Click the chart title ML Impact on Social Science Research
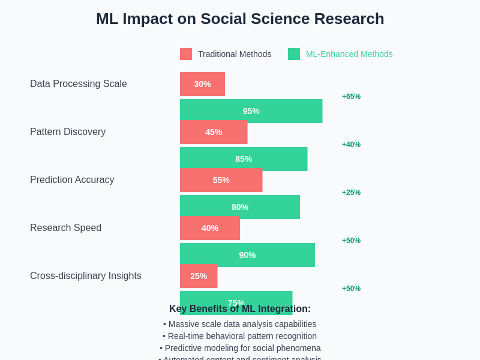(x=240, y=19)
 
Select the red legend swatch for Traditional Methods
(x=186, y=54)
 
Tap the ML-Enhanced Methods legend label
(x=349, y=54)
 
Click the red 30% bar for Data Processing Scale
(x=202, y=84)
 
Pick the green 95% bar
(x=251, y=111)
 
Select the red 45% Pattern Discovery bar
(x=214, y=132)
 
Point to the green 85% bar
(x=244, y=159)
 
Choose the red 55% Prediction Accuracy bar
(x=221, y=180)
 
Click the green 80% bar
(x=240, y=207)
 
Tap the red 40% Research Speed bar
(x=210, y=228)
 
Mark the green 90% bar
(x=247, y=255)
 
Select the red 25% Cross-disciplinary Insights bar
(x=199, y=276)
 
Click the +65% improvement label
(x=351, y=97)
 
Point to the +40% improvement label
(x=351, y=145)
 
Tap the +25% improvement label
(x=351, y=193)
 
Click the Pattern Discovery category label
(x=68, y=132)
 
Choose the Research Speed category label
(x=65, y=228)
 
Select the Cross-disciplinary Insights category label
(x=86, y=276)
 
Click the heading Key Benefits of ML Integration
(x=240, y=309)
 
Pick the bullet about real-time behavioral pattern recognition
(x=240, y=336)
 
